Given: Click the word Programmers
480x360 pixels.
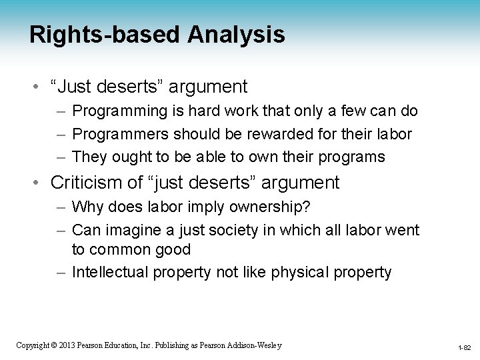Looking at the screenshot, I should pos(120,133).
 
